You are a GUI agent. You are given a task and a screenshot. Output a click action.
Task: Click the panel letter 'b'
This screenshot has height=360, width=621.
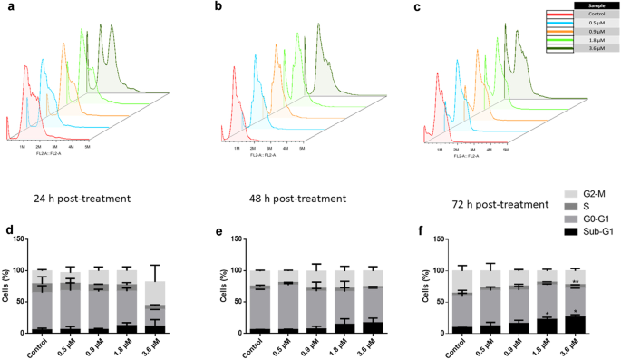point(218,6)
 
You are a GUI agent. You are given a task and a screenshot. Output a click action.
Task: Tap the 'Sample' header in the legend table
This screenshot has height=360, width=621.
point(597,5)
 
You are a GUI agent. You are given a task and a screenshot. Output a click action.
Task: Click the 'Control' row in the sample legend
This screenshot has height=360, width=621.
point(597,15)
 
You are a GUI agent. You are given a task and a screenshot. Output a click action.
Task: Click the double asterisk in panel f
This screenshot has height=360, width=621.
point(576,282)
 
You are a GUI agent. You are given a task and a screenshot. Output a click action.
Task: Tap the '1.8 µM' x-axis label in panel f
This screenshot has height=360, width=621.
point(544,348)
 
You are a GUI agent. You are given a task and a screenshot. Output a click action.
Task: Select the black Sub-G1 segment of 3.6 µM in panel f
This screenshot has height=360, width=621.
point(576,324)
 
